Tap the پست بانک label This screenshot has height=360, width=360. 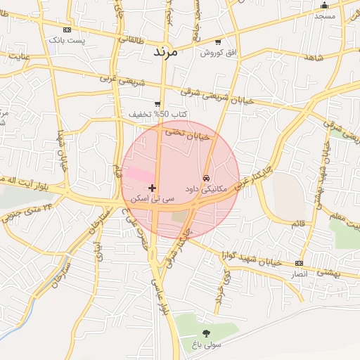[67, 41]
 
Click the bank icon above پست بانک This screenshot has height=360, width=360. [67, 30]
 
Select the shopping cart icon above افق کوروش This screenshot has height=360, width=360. [219, 42]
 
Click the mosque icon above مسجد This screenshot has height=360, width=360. [324, 6]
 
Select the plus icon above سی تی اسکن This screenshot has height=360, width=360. [153, 188]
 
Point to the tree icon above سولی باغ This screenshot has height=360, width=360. [206, 333]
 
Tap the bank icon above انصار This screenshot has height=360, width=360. [300, 262]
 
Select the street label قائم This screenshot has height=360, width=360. [298, 224]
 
